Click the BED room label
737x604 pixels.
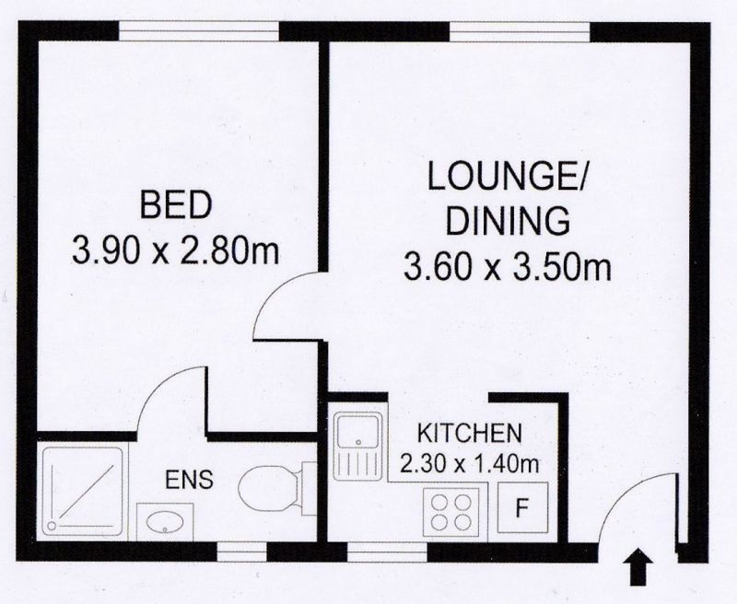(176, 204)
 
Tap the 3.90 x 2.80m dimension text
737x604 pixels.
(175, 250)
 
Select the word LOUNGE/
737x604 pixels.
(506, 176)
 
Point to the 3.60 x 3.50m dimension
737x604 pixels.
(508, 266)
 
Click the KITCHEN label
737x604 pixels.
(470, 433)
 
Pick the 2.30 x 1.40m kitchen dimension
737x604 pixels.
(469, 464)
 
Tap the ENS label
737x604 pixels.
(189, 480)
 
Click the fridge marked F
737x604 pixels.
(523, 507)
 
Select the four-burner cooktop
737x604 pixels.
(451, 512)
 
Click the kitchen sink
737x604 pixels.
(357, 447)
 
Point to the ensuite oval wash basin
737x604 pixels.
(165, 521)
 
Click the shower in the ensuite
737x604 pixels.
(83, 492)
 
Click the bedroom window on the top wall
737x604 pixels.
(199, 31)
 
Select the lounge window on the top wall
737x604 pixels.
(520, 31)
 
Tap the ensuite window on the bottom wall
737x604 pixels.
(241, 552)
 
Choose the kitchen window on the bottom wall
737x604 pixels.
(387, 552)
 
